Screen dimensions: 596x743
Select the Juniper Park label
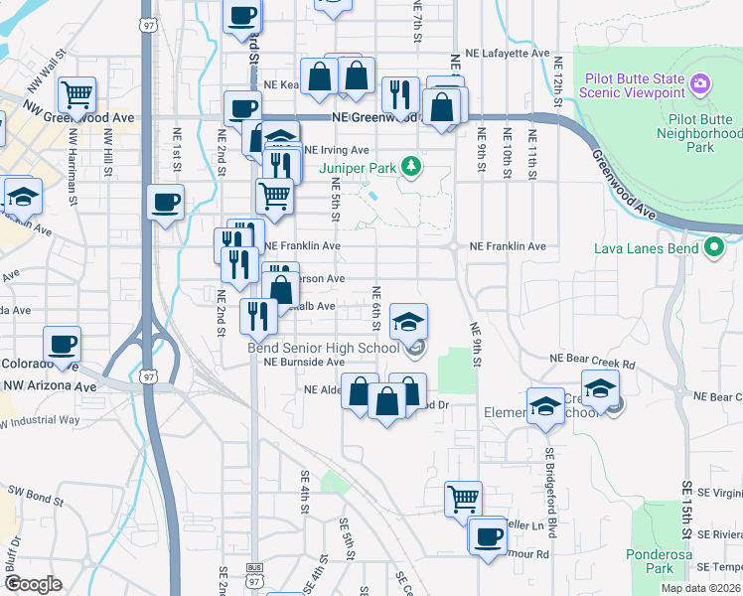(356, 167)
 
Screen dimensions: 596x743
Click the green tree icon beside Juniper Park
(408, 167)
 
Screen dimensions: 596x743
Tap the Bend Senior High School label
(323, 348)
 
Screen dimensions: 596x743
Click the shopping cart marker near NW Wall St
(76, 94)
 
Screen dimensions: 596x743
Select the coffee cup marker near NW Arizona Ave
(62, 344)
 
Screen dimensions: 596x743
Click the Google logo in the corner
(34, 584)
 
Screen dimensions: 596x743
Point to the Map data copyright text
(700, 588)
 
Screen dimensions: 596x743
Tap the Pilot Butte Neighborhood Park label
(700, 133)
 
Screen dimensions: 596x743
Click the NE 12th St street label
(558, 74)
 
